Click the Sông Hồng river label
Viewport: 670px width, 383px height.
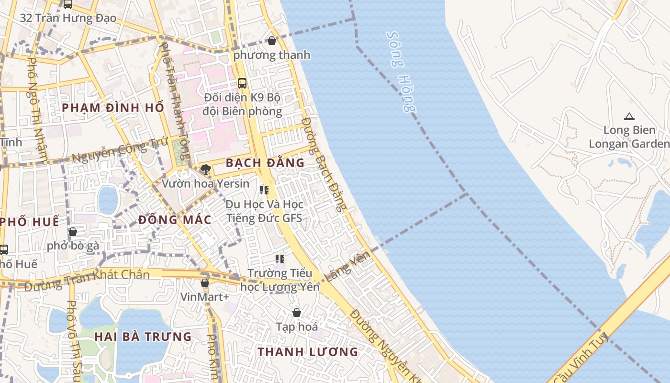(401, 72)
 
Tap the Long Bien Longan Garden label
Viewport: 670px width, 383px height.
(629, 137)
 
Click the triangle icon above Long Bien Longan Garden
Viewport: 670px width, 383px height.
(629, 116)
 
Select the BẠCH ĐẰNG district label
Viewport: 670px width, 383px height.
(265, 163)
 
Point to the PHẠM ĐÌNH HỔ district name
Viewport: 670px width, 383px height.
(113, 108)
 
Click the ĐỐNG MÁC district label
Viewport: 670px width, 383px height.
(175, 220)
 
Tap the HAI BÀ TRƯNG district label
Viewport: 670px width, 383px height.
(143, 337)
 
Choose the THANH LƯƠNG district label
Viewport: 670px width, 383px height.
(308, 352)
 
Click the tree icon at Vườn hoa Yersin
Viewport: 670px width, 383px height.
(206, 169)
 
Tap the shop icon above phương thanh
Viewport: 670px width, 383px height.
(272, 41)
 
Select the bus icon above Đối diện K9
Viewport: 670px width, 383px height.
(242, 83)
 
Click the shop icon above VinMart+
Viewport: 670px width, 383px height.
(205, 283)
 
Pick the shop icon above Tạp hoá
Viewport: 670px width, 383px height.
(297, 313)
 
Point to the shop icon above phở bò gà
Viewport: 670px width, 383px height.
(73, 232)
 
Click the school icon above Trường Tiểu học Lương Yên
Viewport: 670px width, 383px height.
(280, 259)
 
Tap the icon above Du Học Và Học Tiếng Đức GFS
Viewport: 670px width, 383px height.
(264, 190)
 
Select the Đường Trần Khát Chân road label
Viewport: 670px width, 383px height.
(87, 281)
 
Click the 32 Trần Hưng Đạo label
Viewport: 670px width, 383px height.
(68, 18)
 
